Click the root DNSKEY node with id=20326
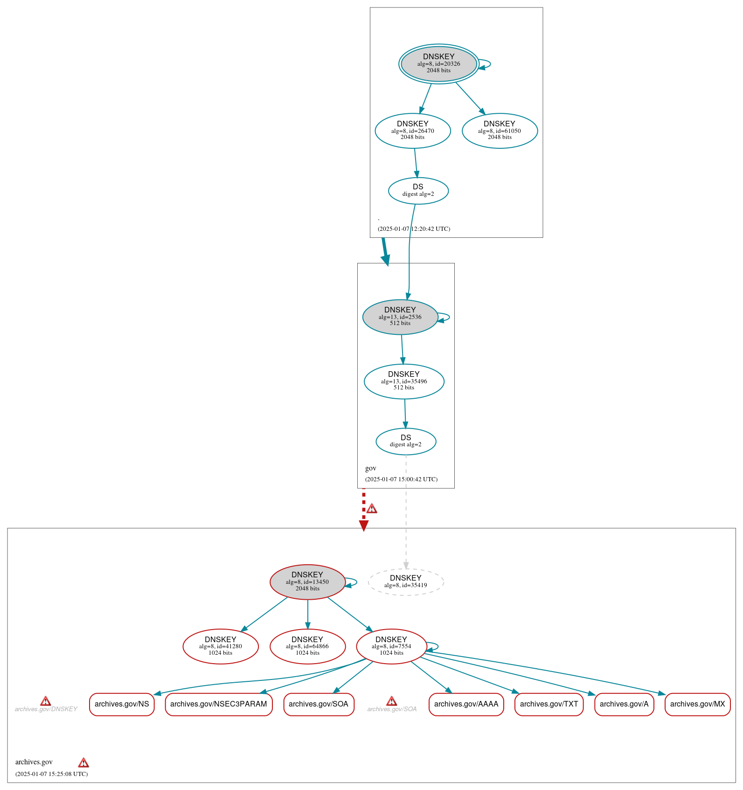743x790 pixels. [x=438, y=64]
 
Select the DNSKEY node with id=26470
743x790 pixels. [x=413, y=131]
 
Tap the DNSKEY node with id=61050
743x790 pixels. [x=500, y=131]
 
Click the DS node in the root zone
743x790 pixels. [x=418, y=190]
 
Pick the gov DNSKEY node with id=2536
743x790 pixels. [x=400, y=317]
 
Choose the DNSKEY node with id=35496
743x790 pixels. [x=404, y=381]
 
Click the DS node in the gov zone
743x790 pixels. [x=406, y=441]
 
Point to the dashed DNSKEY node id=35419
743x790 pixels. [x=406, y=582]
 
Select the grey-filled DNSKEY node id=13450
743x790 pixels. [x=307, y=582]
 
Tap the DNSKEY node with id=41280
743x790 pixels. [x=221, y=646]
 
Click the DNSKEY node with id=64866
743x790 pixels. [x=307, y=646]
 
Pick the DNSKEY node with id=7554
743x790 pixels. [x=391, y=646]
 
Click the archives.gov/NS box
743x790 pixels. [x=122, y=704]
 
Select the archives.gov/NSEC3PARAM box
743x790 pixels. [x=218, y=704]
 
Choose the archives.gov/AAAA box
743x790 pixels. [x=466, y=704]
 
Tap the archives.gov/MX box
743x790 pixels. [x=697, y=704]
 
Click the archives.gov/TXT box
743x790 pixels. [x=549, y=704]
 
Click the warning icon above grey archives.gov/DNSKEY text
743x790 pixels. [x=45, y=701]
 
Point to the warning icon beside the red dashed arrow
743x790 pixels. [x=372, y=508]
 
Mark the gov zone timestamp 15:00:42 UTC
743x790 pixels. [x=401, y=479]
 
